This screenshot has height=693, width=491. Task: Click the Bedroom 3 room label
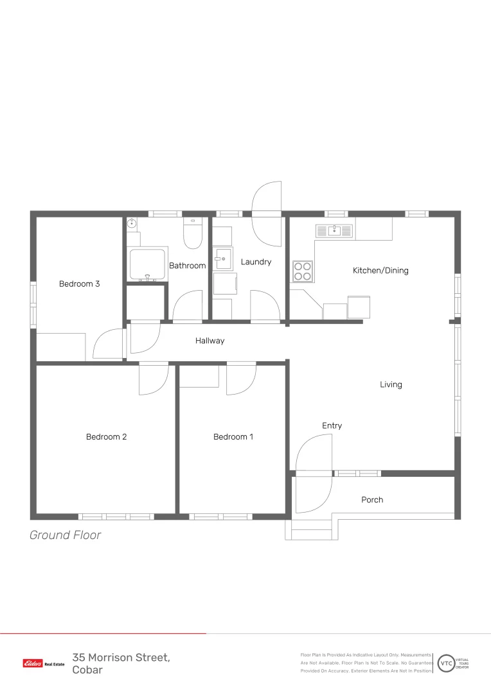click(x=79, y=284)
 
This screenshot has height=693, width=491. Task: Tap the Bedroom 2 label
click(x=106, y=437)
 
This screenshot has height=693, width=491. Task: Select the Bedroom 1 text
click(x=233, y=437)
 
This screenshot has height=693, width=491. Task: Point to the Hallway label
click(x=210, y=341)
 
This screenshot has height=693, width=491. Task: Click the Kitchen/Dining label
click(x=380, y=271)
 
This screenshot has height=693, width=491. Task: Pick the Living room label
click(x=391, y=384)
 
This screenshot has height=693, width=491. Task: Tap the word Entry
click(x=332, y=425)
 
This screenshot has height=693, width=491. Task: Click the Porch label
click(x=372, y=500)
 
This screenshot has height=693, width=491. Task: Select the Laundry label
click(x=256, y=262)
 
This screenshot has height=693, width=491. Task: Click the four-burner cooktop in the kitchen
click(x=303, y=271)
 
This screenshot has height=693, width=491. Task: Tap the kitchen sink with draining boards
click(x=334, y=231)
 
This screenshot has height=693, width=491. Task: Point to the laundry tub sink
click(x=223, y=259)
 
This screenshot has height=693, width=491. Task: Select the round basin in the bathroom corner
click(x=132, y=224)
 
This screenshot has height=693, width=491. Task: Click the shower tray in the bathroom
click(x=147, y=264)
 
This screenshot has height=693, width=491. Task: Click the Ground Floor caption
click(x=66, y=535)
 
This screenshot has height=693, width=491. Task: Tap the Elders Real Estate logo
click(x=44, y=663)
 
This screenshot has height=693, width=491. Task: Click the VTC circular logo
click(x=446, y=663)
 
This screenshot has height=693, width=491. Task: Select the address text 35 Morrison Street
click(x=121, y=658)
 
